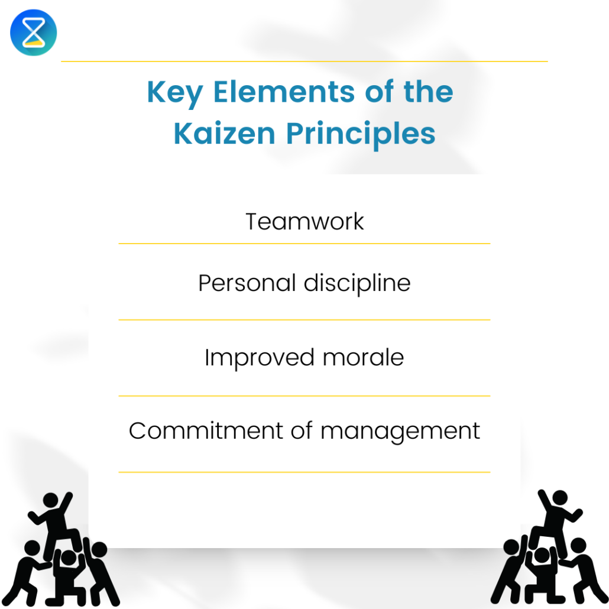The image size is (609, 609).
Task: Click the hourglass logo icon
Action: click(34, 33)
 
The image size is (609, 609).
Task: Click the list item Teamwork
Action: click(304, 222)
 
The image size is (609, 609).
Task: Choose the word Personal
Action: click(247, 283)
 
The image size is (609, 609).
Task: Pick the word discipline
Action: click(357, 283)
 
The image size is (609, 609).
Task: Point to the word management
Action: click(400, 432)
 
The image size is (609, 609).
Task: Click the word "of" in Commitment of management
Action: click(301, 430)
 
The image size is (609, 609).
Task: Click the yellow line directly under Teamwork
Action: click(304, 243)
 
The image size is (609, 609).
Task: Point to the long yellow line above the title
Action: click(304, 61)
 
